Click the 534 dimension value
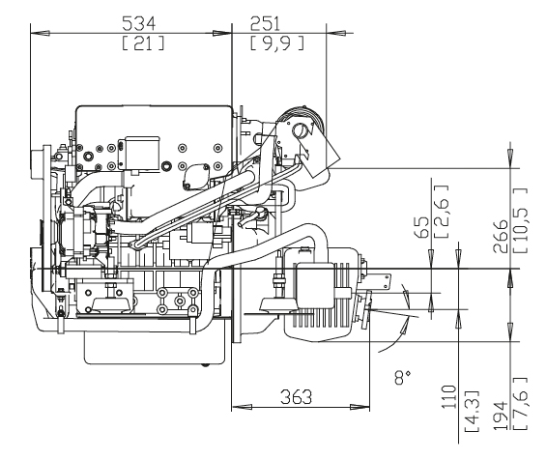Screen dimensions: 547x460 point(139,24)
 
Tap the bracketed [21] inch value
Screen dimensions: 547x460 point(143,43)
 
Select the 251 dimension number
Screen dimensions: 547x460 point(265,24)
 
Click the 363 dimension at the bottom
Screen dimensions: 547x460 point(296,397)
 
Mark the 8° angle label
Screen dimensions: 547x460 point(403,377)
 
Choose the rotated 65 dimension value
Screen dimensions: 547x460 point(422,227)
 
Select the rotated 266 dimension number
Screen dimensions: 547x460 point(500,236)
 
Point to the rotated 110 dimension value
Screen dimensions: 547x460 point(449,397)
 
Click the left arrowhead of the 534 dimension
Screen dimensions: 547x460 point(40,33)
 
